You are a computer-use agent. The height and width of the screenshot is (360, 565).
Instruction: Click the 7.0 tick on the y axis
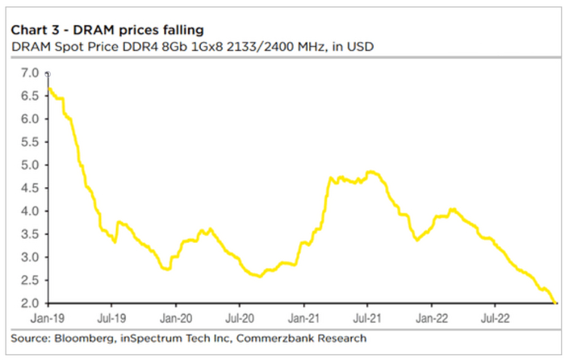29,73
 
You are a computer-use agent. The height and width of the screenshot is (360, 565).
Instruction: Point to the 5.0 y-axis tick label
29,165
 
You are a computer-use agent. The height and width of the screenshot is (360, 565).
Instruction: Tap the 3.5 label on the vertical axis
29,234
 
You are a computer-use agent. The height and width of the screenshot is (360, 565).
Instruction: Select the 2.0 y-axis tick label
29,303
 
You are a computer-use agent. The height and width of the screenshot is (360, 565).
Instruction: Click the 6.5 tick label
29,96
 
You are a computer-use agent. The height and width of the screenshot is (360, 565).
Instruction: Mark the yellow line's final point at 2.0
556,303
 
